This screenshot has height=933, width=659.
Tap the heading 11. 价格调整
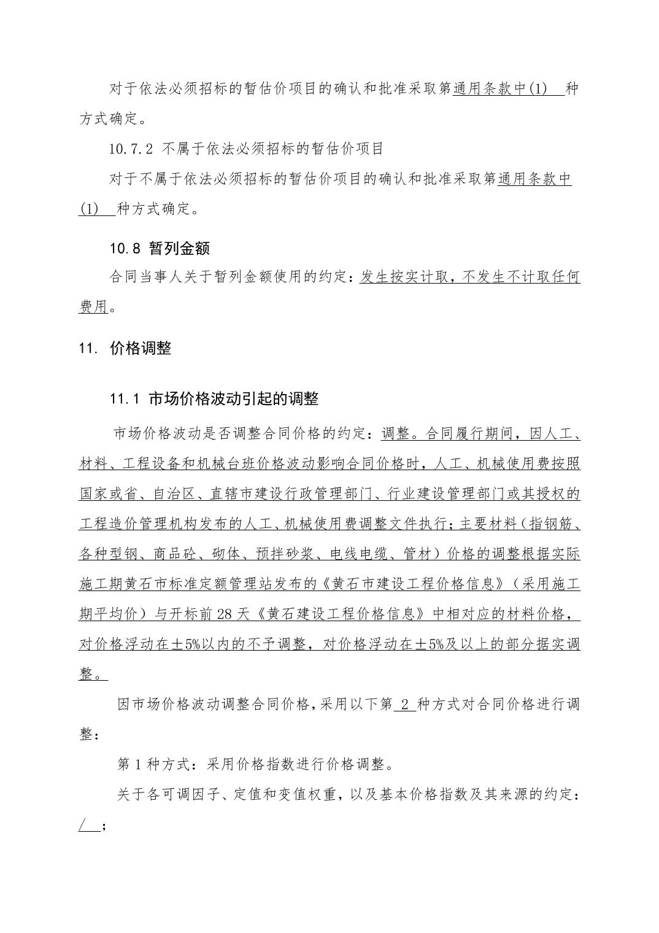point(125,349)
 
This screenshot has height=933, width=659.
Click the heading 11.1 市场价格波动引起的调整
point(214,399)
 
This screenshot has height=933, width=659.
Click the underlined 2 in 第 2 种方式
point(404,703)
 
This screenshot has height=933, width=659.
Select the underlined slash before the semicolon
point(82,825)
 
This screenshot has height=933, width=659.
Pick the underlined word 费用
point(93,306)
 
